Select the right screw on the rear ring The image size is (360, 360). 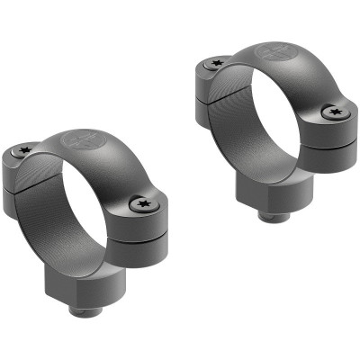coord(336,112)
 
